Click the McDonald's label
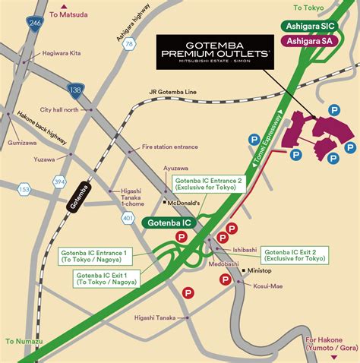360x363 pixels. point(185,203)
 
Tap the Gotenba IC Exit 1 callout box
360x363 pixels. point(106,278)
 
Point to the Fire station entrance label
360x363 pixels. point(169,147)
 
